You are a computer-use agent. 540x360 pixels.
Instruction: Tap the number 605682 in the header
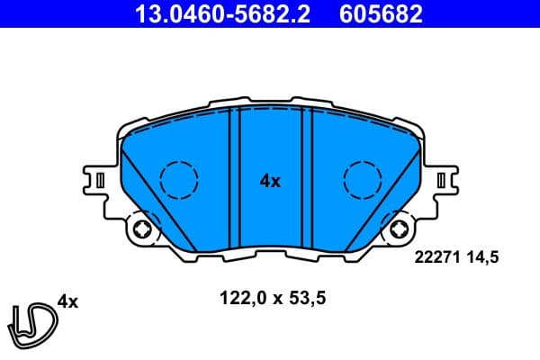tap(381, 14)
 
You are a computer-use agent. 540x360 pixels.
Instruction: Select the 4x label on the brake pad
tap(270, 181)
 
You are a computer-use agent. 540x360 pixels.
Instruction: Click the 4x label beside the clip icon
tap(67, 301)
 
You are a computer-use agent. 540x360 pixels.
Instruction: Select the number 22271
tap(436, 257)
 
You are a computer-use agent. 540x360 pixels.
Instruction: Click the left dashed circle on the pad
tap(177, 178)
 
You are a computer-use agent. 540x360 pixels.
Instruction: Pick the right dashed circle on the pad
tap(363, 178)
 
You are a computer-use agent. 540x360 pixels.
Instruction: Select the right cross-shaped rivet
tap(397, 230)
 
